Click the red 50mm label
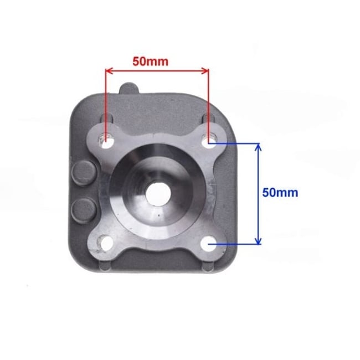point(150,61)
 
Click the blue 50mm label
point(280,193)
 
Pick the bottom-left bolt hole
point(104,241)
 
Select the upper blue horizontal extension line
point(235,143)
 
